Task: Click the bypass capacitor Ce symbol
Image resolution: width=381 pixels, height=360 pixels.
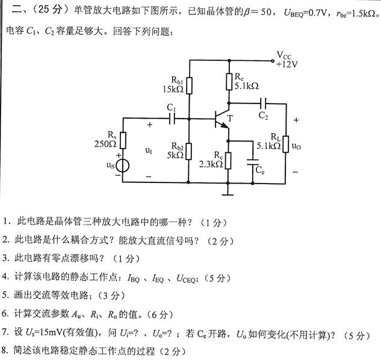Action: point(253,161)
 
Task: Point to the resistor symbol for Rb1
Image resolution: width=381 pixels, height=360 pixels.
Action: point(189,85)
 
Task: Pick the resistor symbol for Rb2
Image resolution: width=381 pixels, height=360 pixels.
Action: point(189,150)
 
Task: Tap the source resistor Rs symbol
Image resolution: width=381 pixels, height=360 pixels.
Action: point(123,140)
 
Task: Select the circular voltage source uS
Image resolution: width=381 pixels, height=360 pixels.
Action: point(123,164)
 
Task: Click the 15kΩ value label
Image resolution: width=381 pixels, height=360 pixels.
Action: point(173,90)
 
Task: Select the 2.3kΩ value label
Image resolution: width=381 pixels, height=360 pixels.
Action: point(211,164)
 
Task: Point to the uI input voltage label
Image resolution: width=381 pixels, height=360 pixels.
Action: point(149,151)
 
